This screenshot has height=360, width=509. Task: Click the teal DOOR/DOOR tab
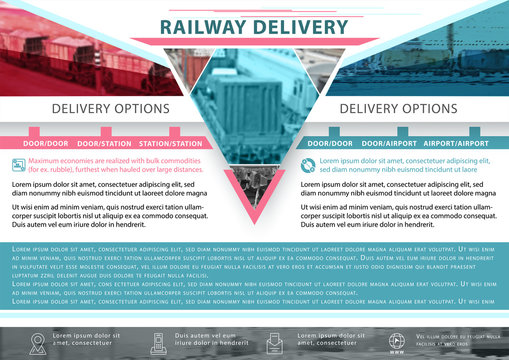pos(330,143)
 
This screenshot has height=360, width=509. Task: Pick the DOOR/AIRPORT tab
pos(389,143)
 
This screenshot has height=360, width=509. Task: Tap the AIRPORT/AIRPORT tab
pos(457,143)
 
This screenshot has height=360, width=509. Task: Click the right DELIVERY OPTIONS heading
pos(399,108)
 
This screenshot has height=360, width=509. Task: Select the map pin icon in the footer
pos(37,342)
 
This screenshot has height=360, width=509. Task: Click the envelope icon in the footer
pos(275,341)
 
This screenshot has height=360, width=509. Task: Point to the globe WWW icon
pos(396,341)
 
